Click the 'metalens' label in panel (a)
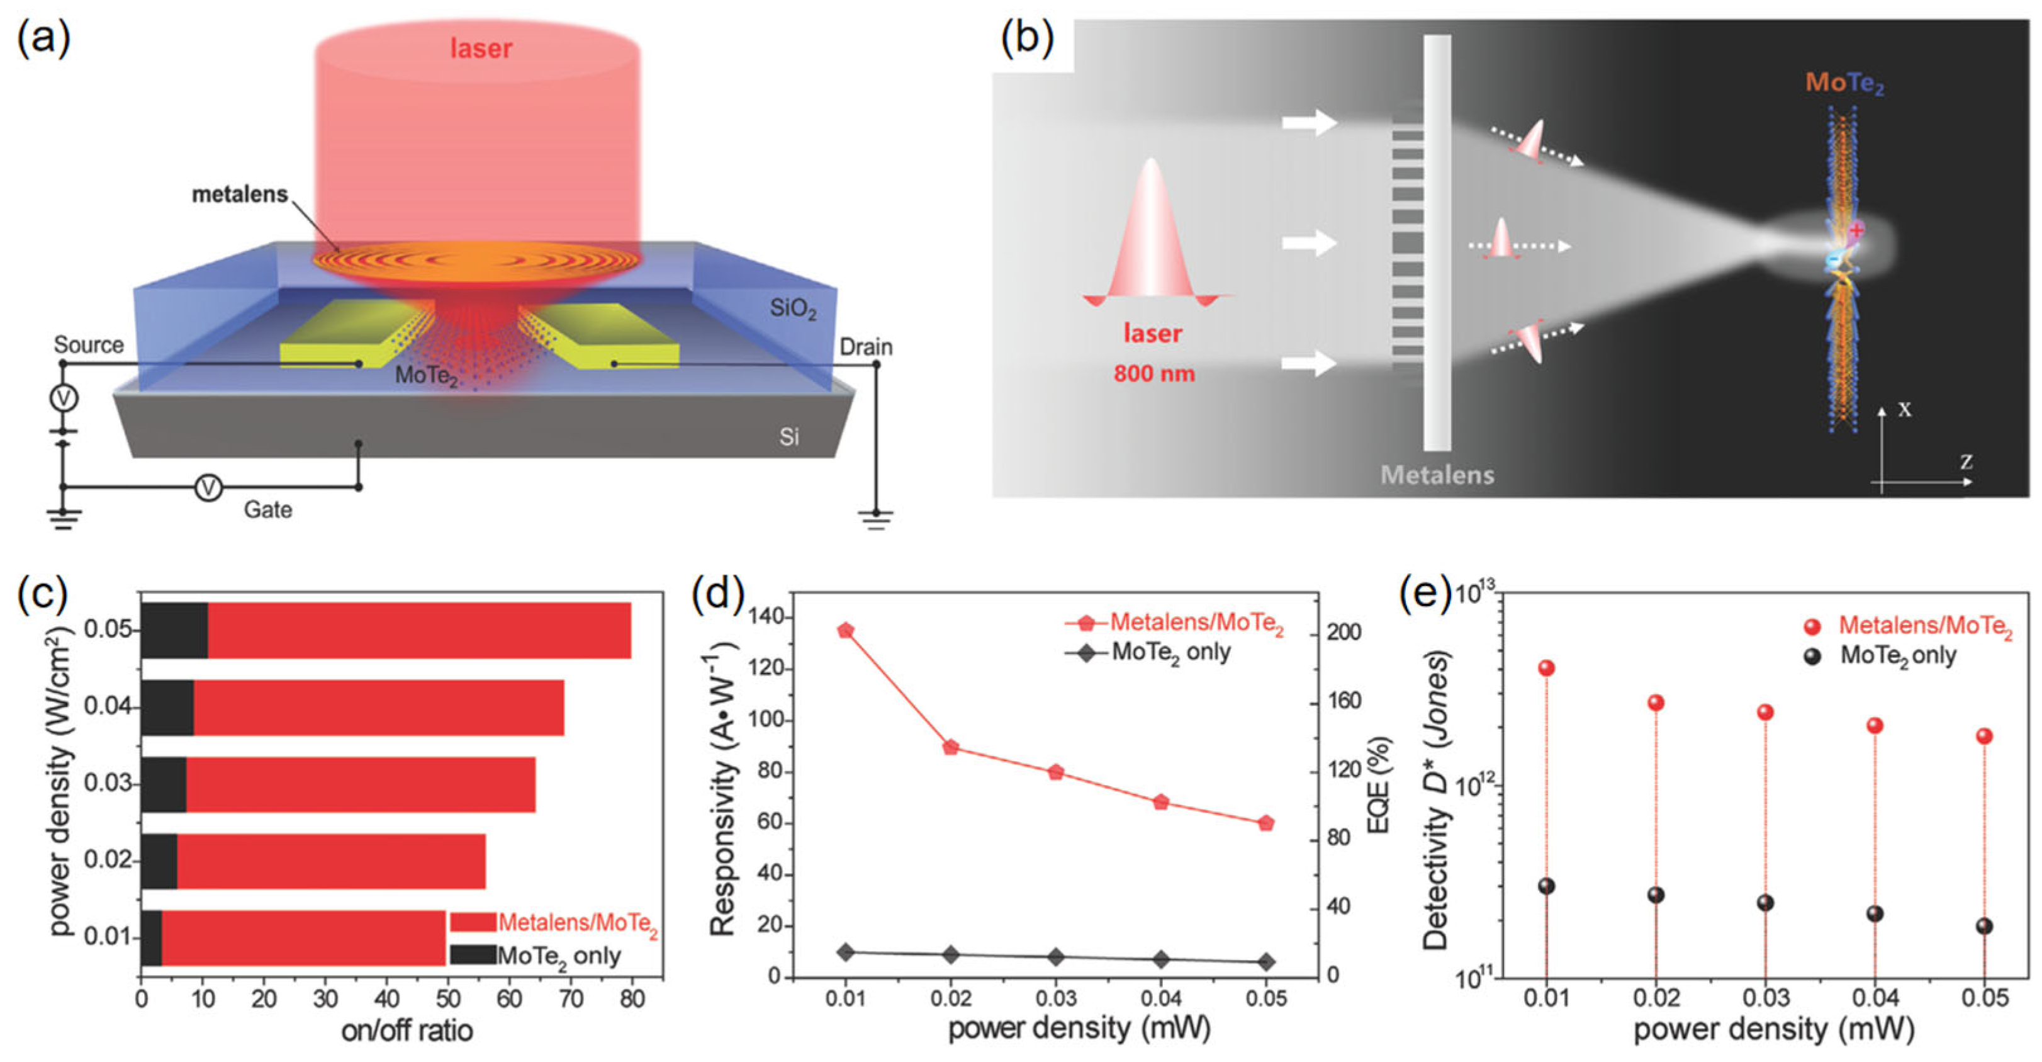(x=239, y=195)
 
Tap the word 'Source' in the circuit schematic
(x=89, y=345)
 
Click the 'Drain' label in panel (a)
(x=866, y=347)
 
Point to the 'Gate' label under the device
(x=267, y=509)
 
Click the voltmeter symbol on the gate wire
(x=208, y=487)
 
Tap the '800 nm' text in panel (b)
(x=1153, y=373)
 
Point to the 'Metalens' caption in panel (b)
(x=1437, y=475)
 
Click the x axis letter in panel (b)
(x=1905, y=409)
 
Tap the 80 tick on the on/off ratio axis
(x=632, y=998)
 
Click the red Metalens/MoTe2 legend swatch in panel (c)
(x=473, y=922)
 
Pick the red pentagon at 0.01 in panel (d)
(x=846, y=631)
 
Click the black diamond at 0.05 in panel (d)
(x=1266, y=962)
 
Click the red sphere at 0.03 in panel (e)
(x=1765, y=712)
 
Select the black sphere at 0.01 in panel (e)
(x=1547, y=886)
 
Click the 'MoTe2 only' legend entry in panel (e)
(x=1898, y=656)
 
